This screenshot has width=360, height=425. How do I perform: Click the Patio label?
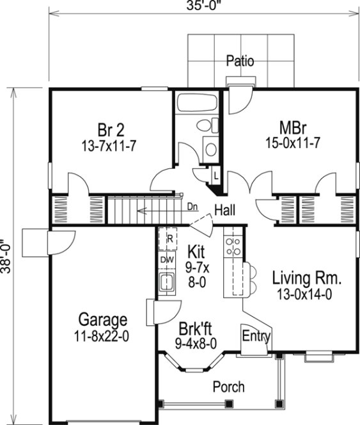click(x=240, y=61)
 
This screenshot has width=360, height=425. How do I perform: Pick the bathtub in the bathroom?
click(x=197, y=104)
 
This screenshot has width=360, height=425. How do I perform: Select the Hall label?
click(x=227, y=209)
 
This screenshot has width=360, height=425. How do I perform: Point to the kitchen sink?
click(x=168, y=280)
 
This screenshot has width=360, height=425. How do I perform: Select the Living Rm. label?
click(x=307, y=278)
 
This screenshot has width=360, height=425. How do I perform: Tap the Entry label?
click(x=256, y=335)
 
